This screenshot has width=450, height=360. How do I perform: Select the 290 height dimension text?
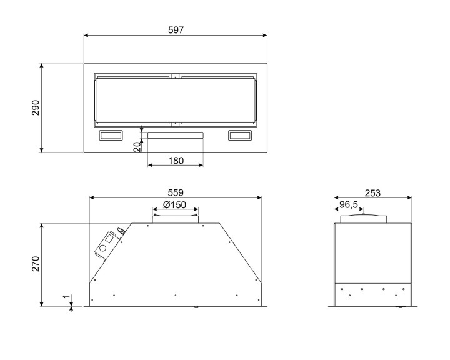(36, 107)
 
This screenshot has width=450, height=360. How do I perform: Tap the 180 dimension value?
(176, 161)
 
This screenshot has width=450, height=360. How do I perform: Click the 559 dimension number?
(176, 192)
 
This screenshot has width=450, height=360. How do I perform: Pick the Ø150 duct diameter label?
(176, 206)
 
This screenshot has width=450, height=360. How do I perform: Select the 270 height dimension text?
(36, 264)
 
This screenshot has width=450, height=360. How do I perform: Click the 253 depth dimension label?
(372, 192)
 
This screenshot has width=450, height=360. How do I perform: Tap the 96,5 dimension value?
(349, 205)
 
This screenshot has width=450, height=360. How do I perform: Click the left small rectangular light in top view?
(111, 135)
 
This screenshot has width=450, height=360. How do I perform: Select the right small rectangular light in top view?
(240, 135)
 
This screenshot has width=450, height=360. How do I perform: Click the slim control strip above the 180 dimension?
(176, 135)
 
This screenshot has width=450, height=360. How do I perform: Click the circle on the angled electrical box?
(102, 249)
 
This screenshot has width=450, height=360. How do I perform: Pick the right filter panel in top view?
(217, 99)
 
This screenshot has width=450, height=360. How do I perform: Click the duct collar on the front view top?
(176, 218)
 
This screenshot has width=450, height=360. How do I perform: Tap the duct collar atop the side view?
(363, 219)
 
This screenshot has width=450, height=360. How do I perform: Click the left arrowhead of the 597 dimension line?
(86, 36)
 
